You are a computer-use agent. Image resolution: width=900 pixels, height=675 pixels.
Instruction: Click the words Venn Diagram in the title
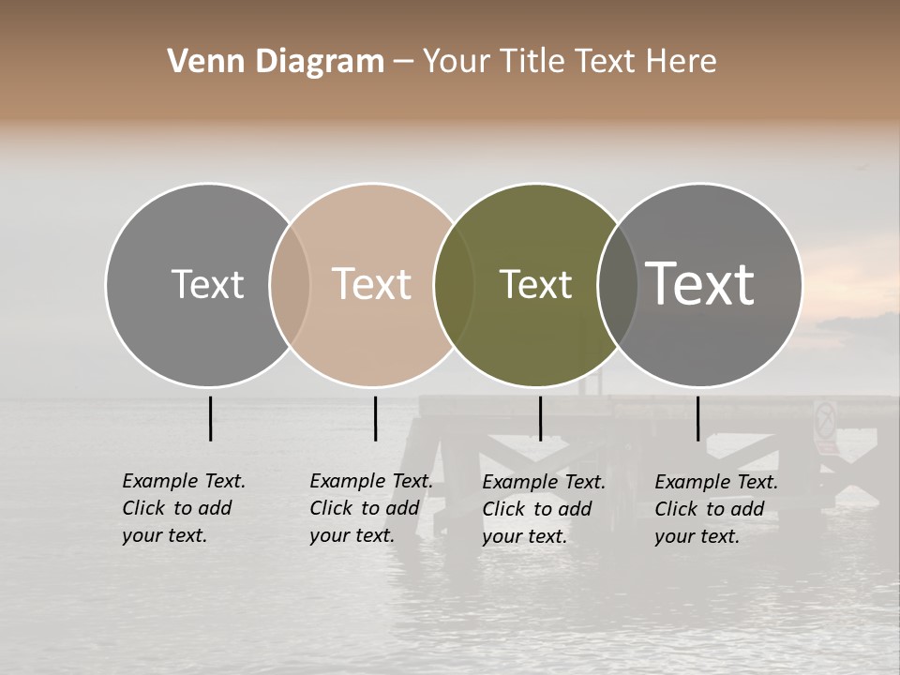276,62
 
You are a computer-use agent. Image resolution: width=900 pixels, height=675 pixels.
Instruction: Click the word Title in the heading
531,62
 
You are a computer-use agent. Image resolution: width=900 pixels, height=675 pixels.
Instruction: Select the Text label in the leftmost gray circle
207,284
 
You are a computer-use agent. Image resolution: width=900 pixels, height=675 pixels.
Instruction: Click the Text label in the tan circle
371,284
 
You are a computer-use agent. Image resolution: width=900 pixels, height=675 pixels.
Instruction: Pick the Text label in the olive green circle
535,284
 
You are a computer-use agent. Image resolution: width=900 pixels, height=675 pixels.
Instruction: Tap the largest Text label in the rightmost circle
699,283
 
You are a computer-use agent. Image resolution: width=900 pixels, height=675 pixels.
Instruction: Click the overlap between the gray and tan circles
290,284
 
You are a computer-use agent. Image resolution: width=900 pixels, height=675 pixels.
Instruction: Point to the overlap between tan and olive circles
454,284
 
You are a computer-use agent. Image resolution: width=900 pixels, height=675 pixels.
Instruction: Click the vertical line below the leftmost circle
210,418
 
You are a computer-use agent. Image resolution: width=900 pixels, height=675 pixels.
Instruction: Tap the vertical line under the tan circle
375,418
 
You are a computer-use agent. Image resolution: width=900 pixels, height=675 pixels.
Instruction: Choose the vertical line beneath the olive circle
540,418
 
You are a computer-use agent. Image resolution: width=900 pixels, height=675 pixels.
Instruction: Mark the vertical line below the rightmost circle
698,418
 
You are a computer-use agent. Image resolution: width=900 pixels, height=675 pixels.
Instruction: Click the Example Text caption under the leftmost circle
184,508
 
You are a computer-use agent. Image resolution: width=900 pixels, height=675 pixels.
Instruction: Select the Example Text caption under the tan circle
371,508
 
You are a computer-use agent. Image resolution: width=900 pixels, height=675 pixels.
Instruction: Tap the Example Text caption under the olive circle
544,509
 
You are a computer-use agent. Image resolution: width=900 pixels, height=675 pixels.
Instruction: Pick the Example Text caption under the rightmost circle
716,509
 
